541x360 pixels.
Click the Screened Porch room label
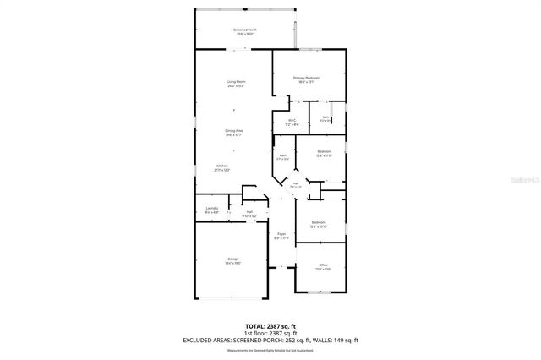point(245,31)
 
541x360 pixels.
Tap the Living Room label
point(236,82)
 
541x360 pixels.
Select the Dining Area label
point(233,132)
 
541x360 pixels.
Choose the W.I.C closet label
point(292,122)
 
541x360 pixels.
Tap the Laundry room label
point(212,210)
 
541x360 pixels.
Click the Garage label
point(232,260)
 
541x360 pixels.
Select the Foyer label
point(281,236)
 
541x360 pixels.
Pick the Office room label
point(323,267)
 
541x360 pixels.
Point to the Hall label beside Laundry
point(250,214)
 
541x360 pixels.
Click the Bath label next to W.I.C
point(325,119)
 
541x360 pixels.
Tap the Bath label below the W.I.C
point(282,157)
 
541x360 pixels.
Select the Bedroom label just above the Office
point(318,225)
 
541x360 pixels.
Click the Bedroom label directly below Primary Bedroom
point(324,153)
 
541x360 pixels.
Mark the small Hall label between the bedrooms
point(296,185)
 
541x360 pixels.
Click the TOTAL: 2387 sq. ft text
point(270,325)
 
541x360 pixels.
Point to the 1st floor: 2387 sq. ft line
point(270,332)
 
